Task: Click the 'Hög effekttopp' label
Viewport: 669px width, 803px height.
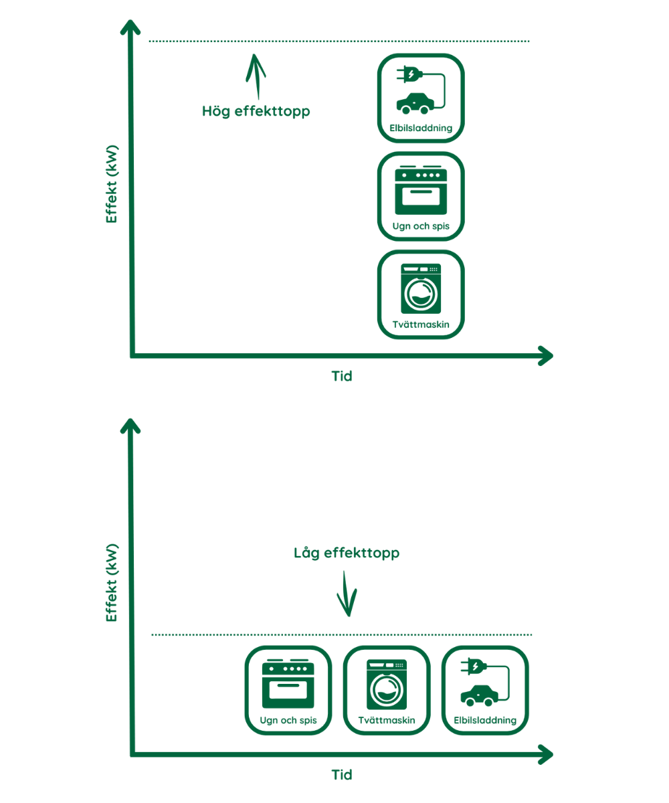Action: tap(256, 111)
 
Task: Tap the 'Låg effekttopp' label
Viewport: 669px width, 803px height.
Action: tap(347, 553)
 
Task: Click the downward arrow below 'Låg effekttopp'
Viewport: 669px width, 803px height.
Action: tap(347, 594)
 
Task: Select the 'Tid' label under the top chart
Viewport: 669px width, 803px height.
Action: tap(342, 376)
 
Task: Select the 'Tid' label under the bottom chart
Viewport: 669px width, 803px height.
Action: tap(342, 775)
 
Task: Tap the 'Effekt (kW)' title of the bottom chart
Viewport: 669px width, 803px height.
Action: tap(112, 582)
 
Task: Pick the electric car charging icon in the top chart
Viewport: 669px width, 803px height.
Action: tap(421, 98)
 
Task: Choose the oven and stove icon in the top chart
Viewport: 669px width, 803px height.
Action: tap(421, 195)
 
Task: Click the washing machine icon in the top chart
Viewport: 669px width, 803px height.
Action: tap(421, 294)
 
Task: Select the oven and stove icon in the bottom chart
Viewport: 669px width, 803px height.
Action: tap(288, 690)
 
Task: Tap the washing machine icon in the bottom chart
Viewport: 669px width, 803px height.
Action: tap(386, 690)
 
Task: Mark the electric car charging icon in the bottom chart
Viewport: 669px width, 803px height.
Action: tap(484, 690)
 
